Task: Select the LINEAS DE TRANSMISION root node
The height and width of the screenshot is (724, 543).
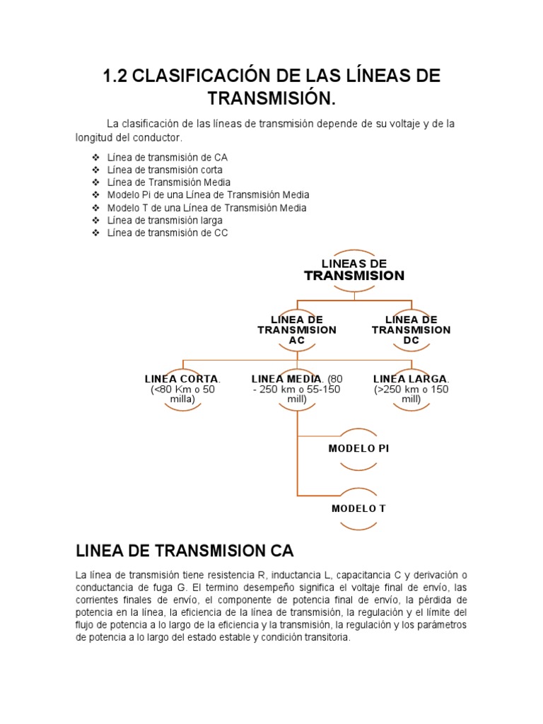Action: tap(354, 269)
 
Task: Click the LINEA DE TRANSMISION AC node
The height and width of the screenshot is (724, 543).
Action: tap(297, 330)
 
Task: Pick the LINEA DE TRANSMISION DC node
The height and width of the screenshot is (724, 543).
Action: tap(411, 330)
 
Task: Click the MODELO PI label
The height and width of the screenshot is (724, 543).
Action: tap(358, 448)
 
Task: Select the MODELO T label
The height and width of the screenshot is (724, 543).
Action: tap(358, 508)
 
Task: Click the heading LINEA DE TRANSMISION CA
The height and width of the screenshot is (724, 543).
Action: tap(185, 551)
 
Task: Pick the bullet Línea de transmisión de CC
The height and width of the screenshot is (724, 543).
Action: tap(168, 232)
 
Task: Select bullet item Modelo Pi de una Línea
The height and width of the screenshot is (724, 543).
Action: tap(208, 194)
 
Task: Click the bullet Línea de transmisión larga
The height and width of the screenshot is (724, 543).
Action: tap(165, 220)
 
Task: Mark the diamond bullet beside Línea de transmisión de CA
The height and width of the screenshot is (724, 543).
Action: tap(95, 157)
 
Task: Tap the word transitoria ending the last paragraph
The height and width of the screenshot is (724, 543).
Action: tap(325, 637)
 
